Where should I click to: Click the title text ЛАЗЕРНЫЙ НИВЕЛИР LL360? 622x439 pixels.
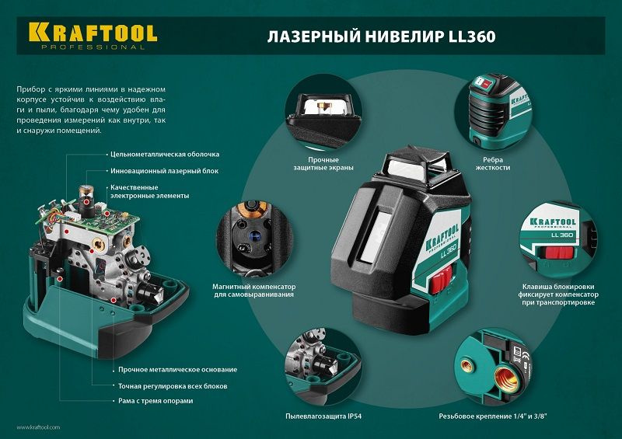click(x=382, y=37)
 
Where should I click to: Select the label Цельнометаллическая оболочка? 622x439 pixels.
click(x=164, y=155)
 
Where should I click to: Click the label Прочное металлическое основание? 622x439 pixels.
click(x=173, y=369)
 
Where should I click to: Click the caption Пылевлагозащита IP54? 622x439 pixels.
click(x=323, y=417)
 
